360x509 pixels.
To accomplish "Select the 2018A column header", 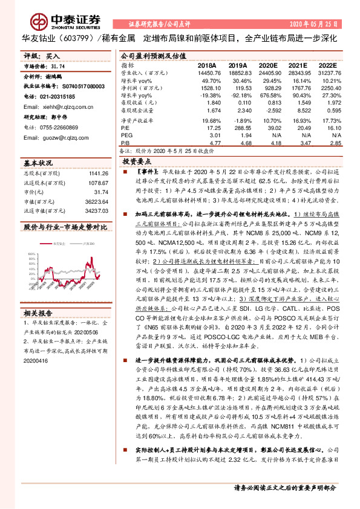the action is click(207, 64).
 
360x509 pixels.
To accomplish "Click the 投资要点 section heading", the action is click(136, 163).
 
